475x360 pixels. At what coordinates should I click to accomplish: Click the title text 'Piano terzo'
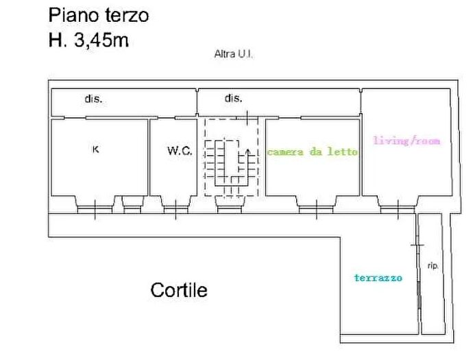(x=98, y=14)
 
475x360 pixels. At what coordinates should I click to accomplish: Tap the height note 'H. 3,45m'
(x=88, y=40)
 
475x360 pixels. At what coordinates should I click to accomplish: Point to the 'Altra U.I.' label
(x=234, y=54)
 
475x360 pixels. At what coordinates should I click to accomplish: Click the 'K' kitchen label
(x=95, y=149)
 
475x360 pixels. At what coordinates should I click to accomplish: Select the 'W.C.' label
(x=180, y=151)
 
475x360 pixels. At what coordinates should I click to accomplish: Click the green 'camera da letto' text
(x=312, y=152)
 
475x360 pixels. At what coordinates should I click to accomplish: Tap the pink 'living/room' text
(x=406, y=141)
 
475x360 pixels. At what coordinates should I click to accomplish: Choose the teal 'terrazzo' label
(x=378, y=278)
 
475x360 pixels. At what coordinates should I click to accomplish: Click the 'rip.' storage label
(x=433, y=265)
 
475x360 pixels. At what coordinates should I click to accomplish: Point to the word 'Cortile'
(x=179, y=290)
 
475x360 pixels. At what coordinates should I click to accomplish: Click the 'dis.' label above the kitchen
(x=93, y=99)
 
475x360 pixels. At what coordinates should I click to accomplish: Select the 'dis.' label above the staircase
(x=234, y=99)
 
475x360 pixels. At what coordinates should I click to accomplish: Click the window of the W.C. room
(x=174, y=206)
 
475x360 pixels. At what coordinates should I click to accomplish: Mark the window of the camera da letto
(x=317, y=206)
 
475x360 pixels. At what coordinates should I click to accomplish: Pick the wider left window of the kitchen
(x=95, y=206)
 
